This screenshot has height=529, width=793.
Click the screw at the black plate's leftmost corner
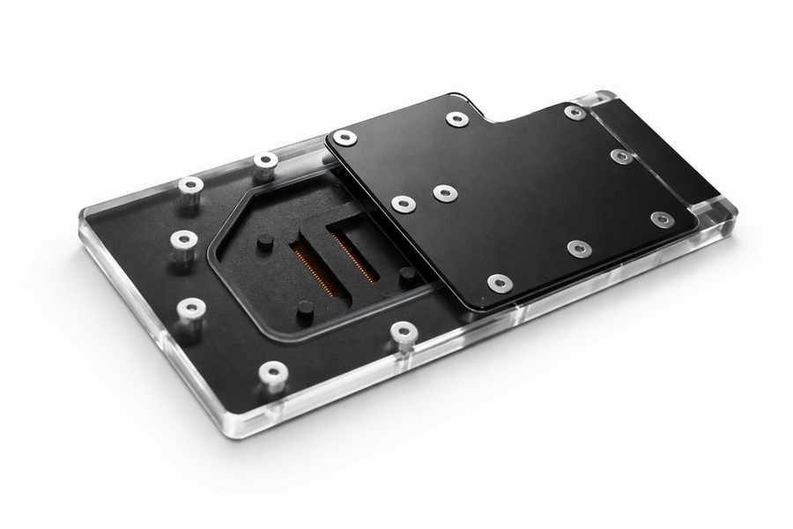point(345,138)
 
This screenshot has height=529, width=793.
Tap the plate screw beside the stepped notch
point(456,118)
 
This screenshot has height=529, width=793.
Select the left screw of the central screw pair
point(404,204)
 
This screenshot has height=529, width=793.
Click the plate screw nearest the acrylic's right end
point(663,219)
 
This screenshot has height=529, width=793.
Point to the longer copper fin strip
point(311,268)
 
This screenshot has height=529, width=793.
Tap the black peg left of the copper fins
point(265,242)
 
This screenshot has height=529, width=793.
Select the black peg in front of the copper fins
point(305,309)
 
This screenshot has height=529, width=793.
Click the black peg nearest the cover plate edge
point(407,275)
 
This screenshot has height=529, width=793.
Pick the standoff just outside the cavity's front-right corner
point(404,332)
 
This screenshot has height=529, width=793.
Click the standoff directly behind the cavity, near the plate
point(265,162)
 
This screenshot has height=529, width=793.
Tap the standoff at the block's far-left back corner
point(190,187)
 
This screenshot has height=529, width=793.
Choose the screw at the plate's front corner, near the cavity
point(500,283)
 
